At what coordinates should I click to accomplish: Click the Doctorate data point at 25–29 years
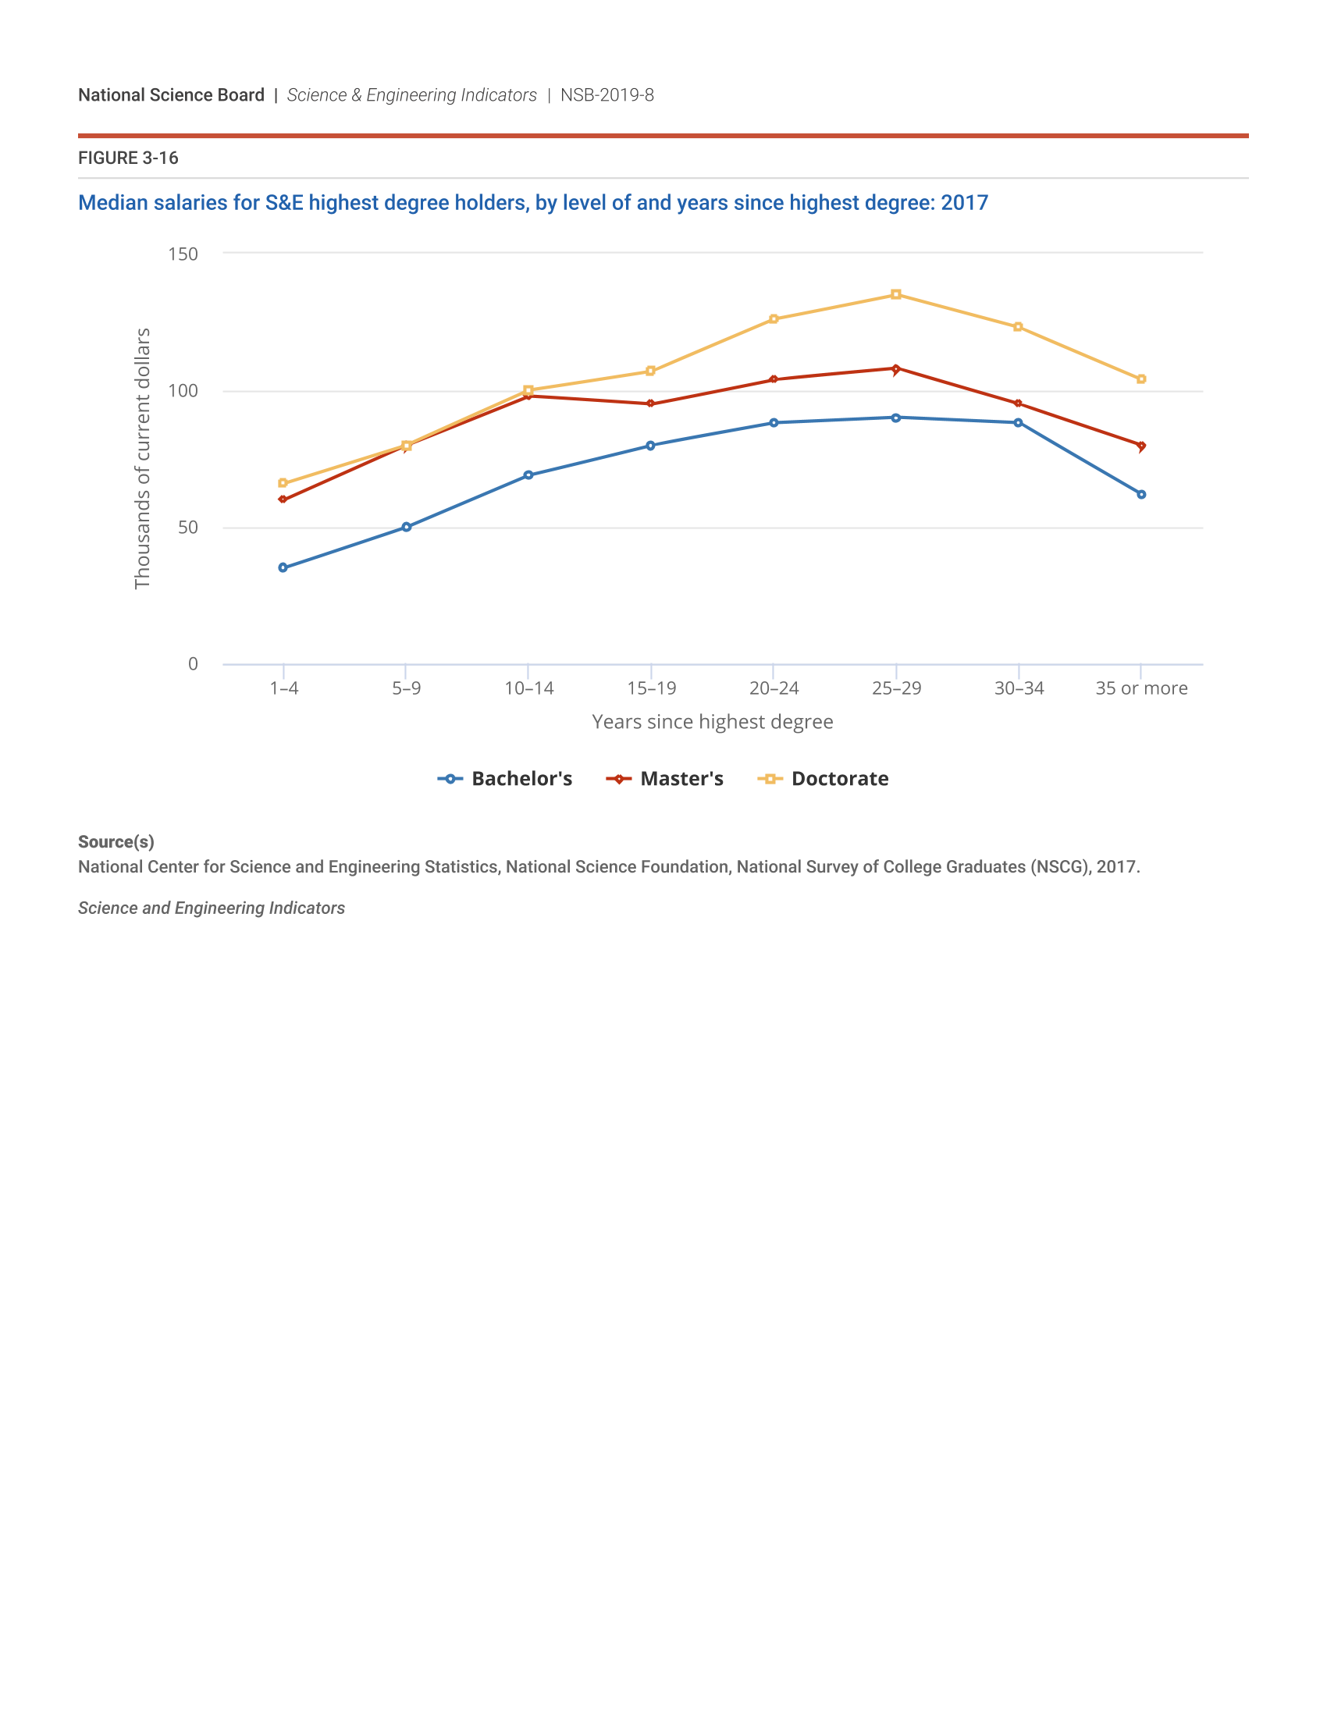[x=895, y=295]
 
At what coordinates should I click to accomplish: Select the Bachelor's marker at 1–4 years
[x=283, y=567]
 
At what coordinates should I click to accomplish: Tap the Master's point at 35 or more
[x=1140, y=446]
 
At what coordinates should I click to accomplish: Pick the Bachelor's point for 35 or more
[x=1140, y=495]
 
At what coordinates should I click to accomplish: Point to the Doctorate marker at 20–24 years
[x=774, y=319]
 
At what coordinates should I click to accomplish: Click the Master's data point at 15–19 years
[x=650, y=404]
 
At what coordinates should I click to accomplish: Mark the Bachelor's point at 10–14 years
[x=528, y=475]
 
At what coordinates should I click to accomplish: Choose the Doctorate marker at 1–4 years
[x=283, y=484]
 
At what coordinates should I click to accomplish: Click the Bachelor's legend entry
[x=505, y=779]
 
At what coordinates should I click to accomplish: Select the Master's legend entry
[x=665, y=779]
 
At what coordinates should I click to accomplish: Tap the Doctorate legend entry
[x=823, y=779]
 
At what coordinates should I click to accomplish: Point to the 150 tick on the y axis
[x=183, y=254]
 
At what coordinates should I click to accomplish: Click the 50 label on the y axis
[x=188, y=528]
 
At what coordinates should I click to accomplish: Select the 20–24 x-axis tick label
[x=774, y=688]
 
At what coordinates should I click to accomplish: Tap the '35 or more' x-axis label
[x=1140, y=688]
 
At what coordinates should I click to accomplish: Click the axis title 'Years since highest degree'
[x=712, y=722]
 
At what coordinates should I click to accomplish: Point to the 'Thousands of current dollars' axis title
[x=142, y=458]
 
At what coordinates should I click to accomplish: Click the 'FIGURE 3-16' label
[x=128, y=158]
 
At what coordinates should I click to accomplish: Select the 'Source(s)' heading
[x=116, y=842]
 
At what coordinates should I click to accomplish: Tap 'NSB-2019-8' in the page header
[x=607, y=95]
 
